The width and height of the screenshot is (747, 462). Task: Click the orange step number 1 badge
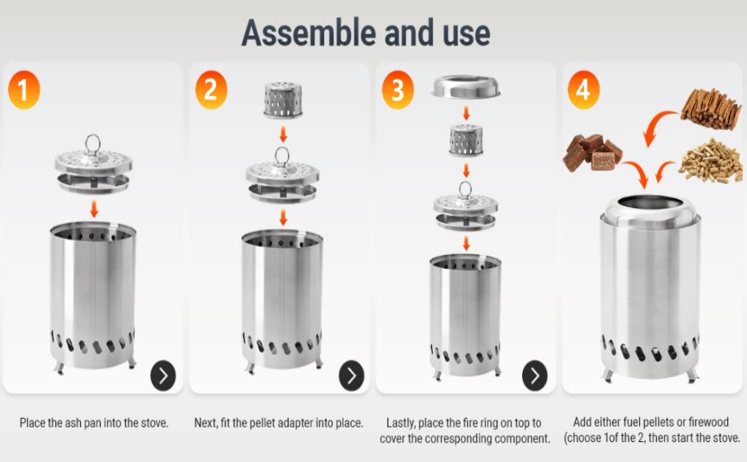click(24, 89)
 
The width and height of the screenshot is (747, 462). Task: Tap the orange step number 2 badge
click(211, 89)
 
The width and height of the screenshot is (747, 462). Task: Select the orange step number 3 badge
click(398, 89)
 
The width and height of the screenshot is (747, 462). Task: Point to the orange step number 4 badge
click(584, 89)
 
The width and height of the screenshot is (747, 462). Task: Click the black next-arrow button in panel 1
click(163, 375)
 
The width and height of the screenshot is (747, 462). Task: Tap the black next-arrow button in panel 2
click(351, 375)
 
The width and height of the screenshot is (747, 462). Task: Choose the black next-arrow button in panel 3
click(534, 375)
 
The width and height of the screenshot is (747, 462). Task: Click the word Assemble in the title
click(309, 33)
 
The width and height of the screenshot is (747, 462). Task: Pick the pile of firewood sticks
click(711, 109)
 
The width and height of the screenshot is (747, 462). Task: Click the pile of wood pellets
click(711, 161)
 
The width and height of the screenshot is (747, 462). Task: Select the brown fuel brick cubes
click(593, 152)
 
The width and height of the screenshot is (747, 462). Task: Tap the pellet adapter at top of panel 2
click(283, 100)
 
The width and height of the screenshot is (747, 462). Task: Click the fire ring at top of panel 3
click(466, 88)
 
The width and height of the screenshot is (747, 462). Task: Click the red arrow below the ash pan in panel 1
click(94, 209)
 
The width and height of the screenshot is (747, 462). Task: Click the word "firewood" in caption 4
click(708, 422)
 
